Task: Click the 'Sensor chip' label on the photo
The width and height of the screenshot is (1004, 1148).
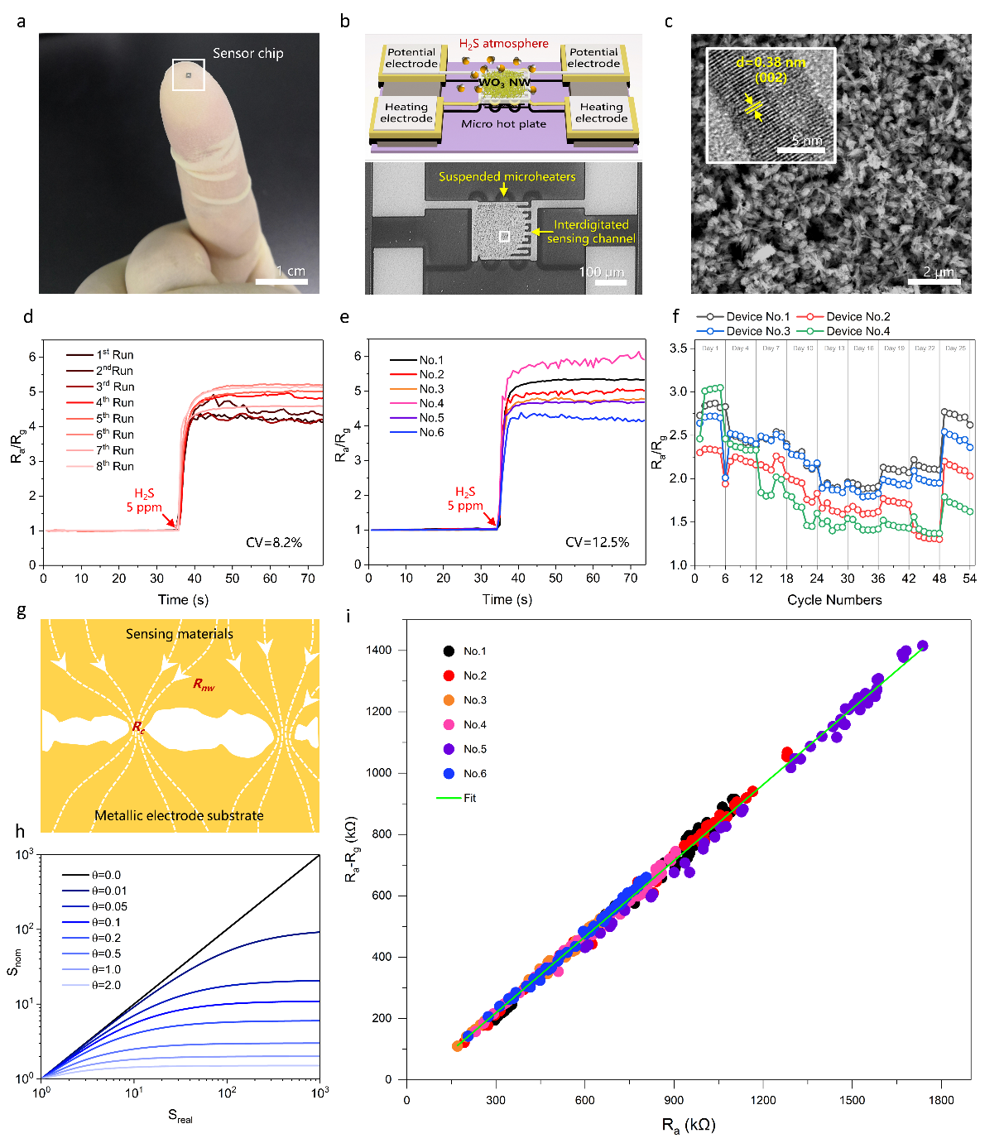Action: (x=247, y=54)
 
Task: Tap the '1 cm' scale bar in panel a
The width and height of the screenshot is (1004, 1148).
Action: (x=281, y=281)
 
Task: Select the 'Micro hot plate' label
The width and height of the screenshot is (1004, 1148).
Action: (x=503, y=124)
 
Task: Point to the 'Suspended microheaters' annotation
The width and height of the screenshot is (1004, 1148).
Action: (x=507, y=176)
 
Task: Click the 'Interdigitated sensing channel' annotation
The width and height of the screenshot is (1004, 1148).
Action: (x=591, y=232)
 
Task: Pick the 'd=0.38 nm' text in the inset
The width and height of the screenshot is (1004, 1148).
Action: (x=771, y=63)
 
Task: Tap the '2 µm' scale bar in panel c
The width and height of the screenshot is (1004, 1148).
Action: (x=934, y=281)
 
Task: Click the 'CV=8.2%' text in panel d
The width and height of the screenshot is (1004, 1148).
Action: (x=274, y=543)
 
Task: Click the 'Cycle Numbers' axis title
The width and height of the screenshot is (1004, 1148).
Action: (x=834, y=600)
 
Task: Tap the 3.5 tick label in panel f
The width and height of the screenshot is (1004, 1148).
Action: (x=678, y=348)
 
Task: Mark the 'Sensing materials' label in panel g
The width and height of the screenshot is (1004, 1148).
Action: (x=180, y=634)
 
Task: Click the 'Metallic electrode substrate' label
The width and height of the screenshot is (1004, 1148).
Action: (x=179, y=816)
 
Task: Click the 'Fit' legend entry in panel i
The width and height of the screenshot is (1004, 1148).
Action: (x=469, y=798)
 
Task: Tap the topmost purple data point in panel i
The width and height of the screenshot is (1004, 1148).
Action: (x=923, y=646)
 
